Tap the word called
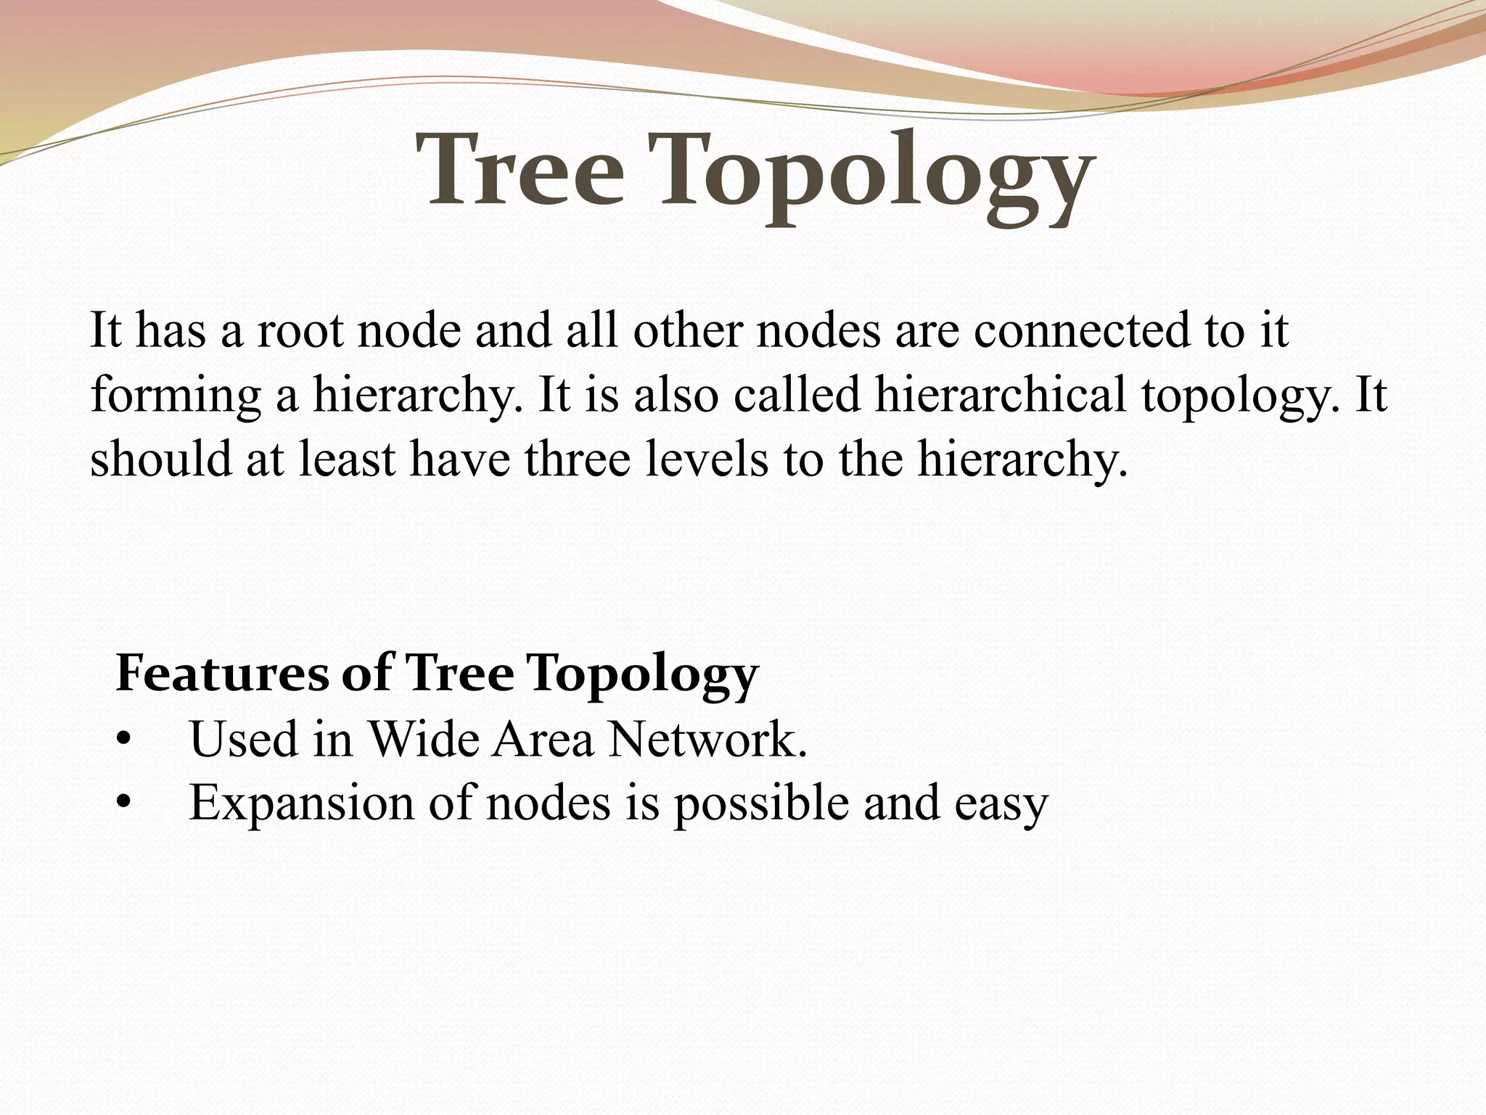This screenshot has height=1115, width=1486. (x=796, y=396)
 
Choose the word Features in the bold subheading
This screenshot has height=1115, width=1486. (x=222, y=673)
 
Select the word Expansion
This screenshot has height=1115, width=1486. (x=301, y=804)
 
